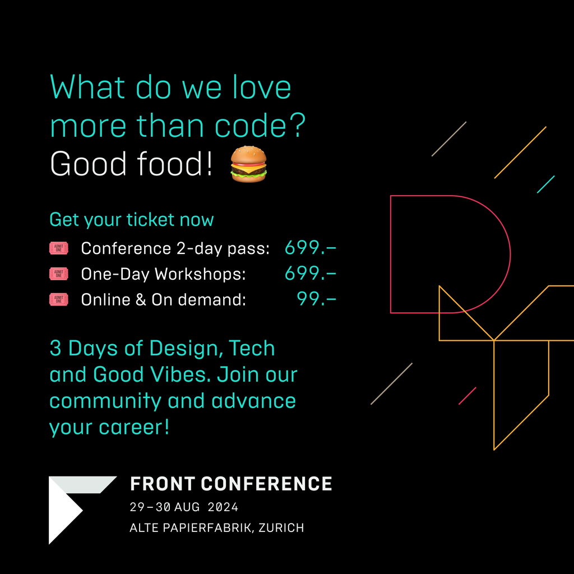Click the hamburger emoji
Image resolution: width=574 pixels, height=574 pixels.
pos(248,164)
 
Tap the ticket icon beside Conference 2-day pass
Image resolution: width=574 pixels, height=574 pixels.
pos(58,248)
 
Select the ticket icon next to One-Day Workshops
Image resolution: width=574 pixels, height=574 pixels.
pos(58,274)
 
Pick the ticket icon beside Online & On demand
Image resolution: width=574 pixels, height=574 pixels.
pos(58,299)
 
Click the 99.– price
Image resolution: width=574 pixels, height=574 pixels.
pos(316,299)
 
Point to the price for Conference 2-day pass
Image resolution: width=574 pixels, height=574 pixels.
pos(311,248)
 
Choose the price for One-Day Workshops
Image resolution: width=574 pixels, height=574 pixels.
pos(311,274)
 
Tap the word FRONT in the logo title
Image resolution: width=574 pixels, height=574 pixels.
pos(163,484)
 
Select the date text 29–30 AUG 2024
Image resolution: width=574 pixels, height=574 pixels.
pos(184,507)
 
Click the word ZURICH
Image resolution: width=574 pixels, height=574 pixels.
pos(281,527)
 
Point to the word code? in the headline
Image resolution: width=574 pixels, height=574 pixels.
pos(260,126)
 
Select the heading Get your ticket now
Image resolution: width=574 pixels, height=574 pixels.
pos(131,220)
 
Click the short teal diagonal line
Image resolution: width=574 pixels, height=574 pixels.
pos(546,184)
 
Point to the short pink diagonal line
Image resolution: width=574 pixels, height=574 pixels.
pos(467,396)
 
